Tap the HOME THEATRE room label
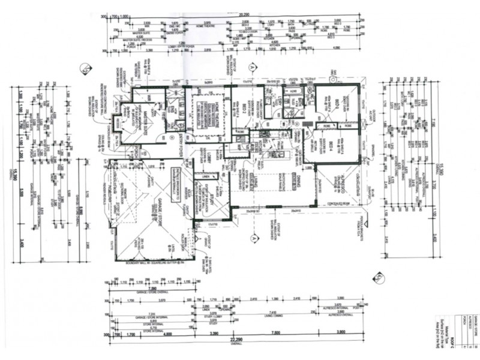(x=206, y=112)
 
